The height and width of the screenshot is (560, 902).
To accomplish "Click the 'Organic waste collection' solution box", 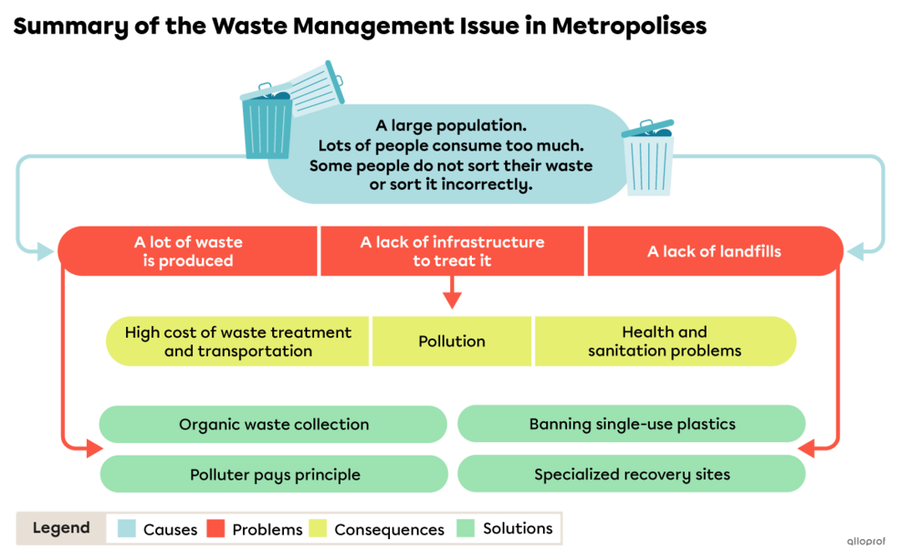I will click(x=273, y=425).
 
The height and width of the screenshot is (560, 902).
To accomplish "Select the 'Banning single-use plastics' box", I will click(x=631, y=424).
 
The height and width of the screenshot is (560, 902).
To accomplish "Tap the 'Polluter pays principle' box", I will click(x=274, y=475).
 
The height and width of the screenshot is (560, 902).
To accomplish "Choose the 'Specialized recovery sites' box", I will click(x=631, y=475).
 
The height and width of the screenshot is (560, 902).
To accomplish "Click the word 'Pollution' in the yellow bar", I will click(x=452, y=341).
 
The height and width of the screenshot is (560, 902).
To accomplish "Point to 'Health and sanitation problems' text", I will click(x=664, y=341).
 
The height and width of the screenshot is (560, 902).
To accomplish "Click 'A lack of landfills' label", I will click(x=714, y=251).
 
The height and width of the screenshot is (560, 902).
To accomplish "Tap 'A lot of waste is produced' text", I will click(x=188, y=252).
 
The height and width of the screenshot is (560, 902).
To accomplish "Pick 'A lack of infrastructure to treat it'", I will click(x=452, y=252).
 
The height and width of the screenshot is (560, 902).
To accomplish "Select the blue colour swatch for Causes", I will click(x=127, y=529).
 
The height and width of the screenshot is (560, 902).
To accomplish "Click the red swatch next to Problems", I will click(x=216, y=529).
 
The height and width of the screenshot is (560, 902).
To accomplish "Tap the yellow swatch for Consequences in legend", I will click(x=318, y=529).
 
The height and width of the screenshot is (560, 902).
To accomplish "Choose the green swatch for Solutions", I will click(x=466, y=529).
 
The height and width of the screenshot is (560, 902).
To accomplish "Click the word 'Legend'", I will click(x=61, y=528).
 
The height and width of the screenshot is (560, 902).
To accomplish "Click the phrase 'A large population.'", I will click(x=451, y=125).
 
